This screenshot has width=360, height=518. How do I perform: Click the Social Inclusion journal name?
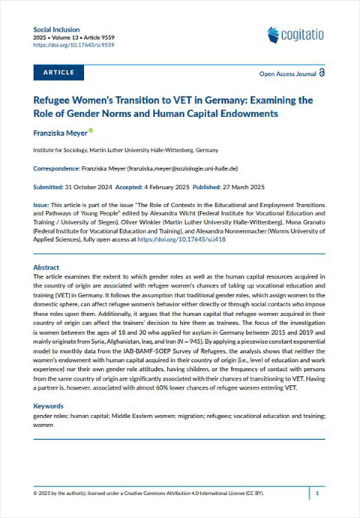(x=55, y=28)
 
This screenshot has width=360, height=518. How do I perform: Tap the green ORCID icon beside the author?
(x=91, y=131)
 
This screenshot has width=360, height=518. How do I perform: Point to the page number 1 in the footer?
(x=318, y=494)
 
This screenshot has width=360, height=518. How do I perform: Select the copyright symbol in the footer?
(x=36, y=494)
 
